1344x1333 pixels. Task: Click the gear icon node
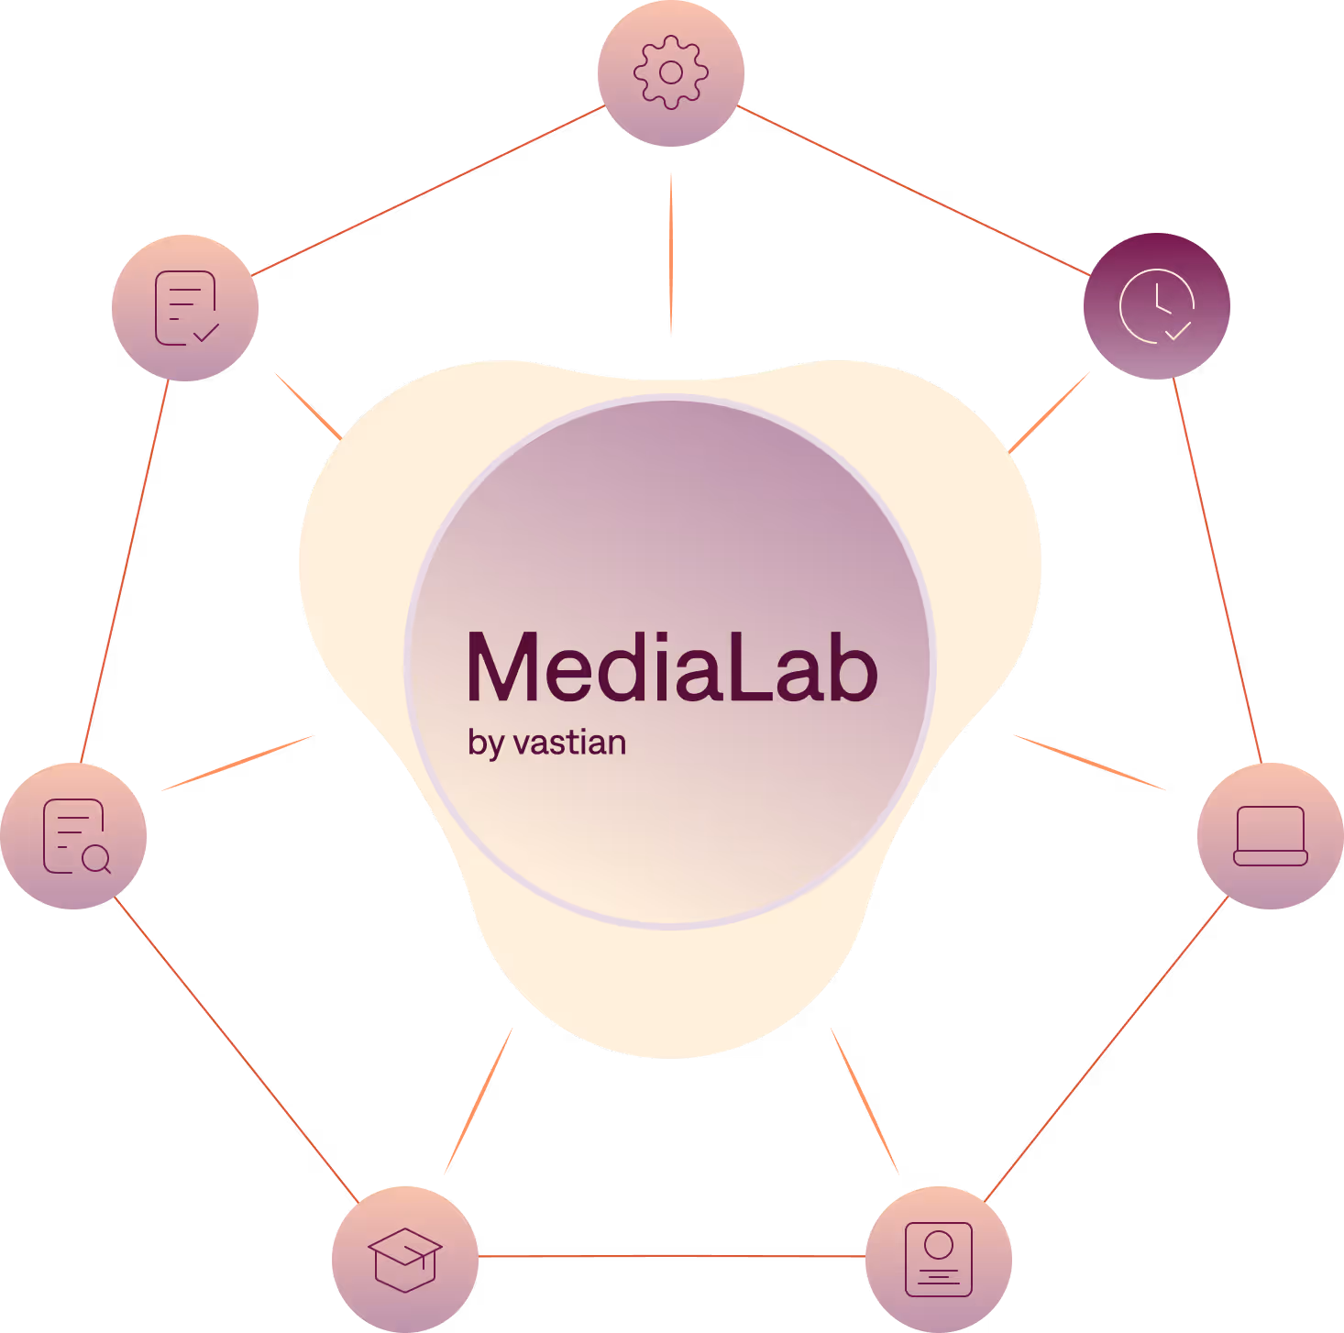(671, 72)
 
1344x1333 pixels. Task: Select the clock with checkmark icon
(1157, 305)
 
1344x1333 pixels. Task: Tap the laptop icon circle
(1271, 835)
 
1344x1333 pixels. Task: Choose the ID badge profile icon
(939, 1259)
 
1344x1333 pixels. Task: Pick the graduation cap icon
(405, 1259)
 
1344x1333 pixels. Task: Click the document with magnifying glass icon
(73, 835)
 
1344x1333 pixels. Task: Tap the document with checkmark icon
(185, 307)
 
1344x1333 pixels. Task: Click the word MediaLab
(672, 667)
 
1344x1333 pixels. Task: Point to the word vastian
(570, 743)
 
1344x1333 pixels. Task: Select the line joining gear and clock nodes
(913, 191)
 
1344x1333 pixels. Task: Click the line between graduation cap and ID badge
(672, 1256)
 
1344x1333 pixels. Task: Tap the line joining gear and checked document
(428, 191)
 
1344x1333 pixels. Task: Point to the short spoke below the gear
(671, 253)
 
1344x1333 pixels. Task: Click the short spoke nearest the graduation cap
(478, 1101)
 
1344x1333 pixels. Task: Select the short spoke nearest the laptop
(1089, 762)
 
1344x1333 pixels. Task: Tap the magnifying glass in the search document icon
(95, 859)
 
